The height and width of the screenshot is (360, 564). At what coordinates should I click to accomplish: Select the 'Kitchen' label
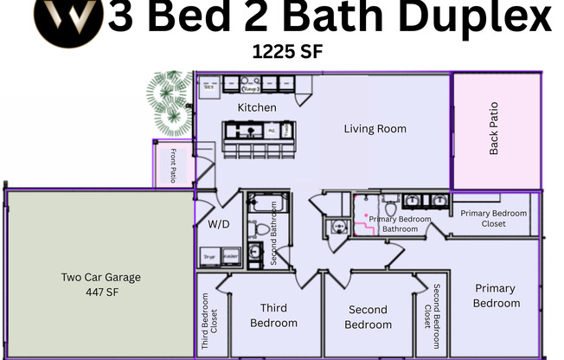pyautogui.click(x=257, y=107)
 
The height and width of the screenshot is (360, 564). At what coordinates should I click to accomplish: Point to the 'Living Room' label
pyautogui.click(x=375, y=129)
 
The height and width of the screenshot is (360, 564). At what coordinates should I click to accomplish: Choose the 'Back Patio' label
pyautogui.click(x=494, y=129)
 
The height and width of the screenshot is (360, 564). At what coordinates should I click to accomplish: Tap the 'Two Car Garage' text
pyautogui.click(x=100, y=278)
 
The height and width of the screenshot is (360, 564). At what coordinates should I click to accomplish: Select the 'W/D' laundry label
pyautogui.click(x=219, y=223)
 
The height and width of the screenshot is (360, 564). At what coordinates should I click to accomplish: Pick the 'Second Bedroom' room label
pyautogui.click(x=368, y=317)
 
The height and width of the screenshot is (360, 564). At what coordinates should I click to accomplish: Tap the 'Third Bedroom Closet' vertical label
pyautogui.click(x=205, y=318)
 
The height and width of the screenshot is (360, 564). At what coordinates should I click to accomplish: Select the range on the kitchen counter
pyautogui.click(x=251, y=87)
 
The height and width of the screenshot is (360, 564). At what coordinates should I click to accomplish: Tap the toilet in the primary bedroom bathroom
pyautogui.click(x=391, y=208)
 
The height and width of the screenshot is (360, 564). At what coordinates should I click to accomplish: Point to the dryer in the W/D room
pyautogui.click(x=208, y=257)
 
